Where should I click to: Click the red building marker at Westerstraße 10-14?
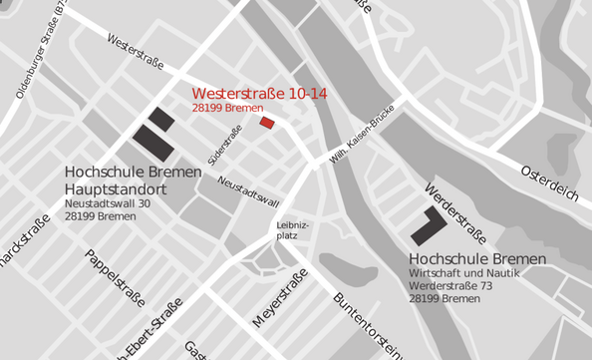coord(266,122)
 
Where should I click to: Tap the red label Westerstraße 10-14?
coord(260,94)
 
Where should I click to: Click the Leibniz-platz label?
coord(293,230)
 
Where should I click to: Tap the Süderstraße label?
coord(225,145)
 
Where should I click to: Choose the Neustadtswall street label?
coord(247,189)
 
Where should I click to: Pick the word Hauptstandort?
coord(115,187)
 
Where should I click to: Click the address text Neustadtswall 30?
coord(107,203)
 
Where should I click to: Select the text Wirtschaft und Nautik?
coord(471,273)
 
